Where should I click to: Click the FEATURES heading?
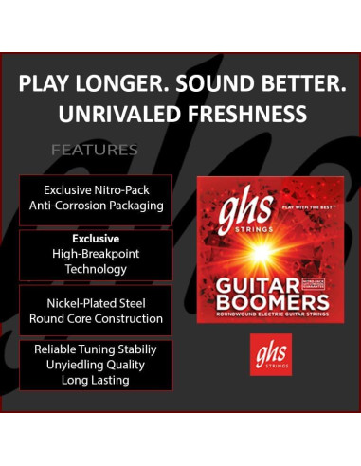pyautogui.click(x=95, y=150)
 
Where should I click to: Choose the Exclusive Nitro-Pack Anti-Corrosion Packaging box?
pyautogui.click(x=96, y=197)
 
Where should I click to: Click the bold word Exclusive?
pyautogui.click(x=96, y=239)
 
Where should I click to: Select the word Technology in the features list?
pyautogui.click(x=96, y=269)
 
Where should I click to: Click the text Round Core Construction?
pyautogui.click(x=96, y=319)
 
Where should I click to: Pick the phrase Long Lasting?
pyautogui.click(x=96, y=380)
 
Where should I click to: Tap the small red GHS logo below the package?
pyautogui.click(x=270, y=353)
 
